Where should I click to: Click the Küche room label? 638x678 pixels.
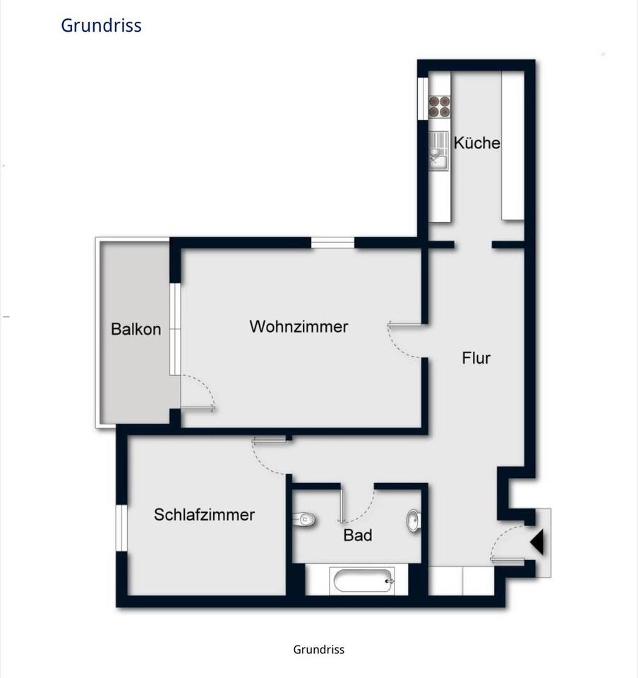[x=477, y=143]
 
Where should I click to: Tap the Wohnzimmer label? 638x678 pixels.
[x=299, y=326]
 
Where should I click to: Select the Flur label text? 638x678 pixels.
[x=476, y=358]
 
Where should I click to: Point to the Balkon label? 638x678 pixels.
[x=136, y=329]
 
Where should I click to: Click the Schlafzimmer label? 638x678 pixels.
[x=205, y=515]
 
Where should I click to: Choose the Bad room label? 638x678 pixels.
[x=358, y=535]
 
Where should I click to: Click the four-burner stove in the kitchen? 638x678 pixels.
[x=439, y=107]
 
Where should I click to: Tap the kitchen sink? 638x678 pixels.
[x=439, y=151]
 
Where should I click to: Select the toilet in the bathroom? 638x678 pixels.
[x=304, y=519]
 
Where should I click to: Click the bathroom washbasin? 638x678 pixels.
[x=414, y=521]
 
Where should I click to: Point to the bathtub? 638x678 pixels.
[x=361, y=581]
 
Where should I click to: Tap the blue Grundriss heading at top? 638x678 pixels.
[x=101, y=25]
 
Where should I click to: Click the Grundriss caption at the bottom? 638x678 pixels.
[x=319, y=650]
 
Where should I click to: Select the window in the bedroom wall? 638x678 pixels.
[x=122, y=528]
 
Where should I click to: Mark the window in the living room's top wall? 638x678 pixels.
[x=333, y=243]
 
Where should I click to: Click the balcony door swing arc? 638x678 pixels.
[x=205, y=386]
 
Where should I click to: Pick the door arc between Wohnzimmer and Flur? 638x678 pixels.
[x=399, y=345]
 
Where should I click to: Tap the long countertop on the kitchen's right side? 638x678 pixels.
[x=513, y=145]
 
